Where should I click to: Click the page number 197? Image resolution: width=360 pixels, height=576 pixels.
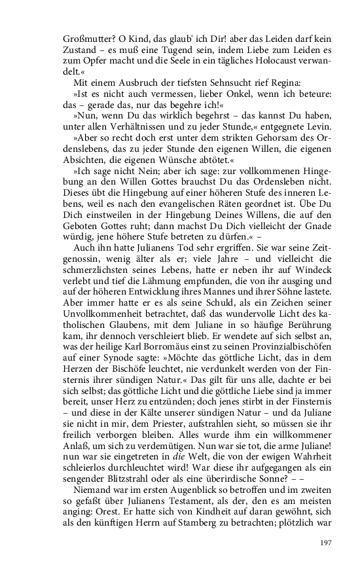(326, 543)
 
